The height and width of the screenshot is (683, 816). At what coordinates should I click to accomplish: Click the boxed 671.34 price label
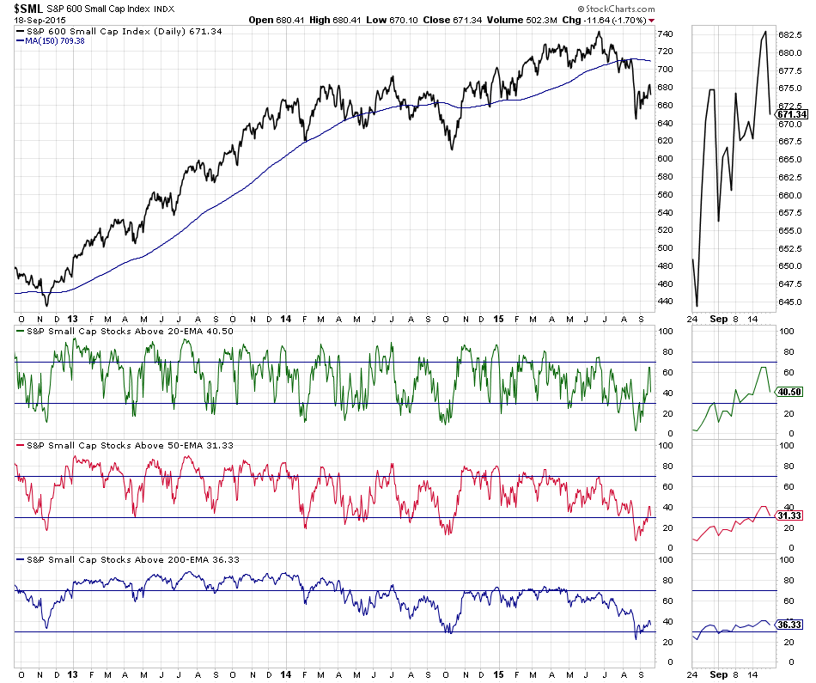[x=792, y=113]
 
